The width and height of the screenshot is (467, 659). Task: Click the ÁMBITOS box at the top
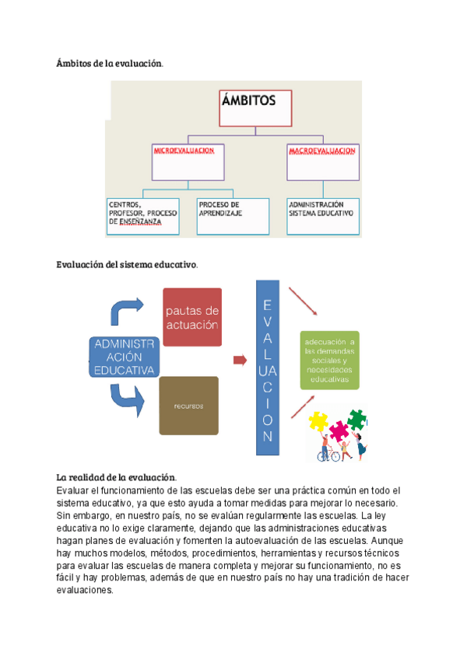click(258, 107)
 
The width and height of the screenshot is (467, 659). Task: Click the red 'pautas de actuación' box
click(192, 316)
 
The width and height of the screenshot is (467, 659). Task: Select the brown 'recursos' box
click(188, 405)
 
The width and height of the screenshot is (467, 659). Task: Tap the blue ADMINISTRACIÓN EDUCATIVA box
click(123, 357)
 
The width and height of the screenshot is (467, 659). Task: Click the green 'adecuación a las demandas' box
click(330, 362)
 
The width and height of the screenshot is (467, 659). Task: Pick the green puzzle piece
click(356, 420)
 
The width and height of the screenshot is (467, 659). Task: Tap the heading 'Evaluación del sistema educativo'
click(126, 264)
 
